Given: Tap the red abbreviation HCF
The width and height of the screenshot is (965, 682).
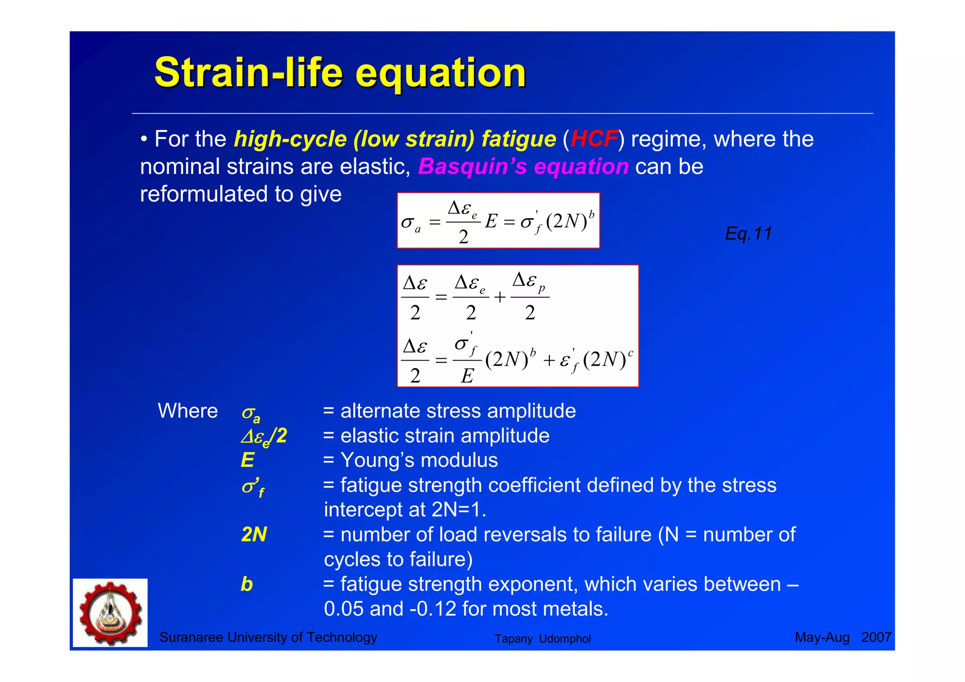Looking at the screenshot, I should click(594, 139).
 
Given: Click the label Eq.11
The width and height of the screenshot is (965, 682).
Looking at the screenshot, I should click(748, 233).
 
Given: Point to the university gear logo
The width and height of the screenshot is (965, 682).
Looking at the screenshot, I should click(110, 613).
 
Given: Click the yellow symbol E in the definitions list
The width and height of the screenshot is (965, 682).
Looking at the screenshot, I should click(247, 460).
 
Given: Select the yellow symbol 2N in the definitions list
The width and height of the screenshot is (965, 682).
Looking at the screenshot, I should click(254, 534).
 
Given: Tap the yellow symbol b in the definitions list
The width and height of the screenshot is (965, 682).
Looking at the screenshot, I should click(246, 584).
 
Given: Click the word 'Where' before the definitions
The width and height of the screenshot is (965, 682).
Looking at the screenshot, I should click(188, 411).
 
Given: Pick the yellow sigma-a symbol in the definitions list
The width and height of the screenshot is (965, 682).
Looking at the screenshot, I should click(250, 413).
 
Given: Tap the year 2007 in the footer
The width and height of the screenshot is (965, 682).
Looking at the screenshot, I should click(876, 637).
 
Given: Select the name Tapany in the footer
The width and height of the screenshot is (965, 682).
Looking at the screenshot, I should click(513, 639).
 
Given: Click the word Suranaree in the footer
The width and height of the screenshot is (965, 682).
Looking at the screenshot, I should click(191, 637).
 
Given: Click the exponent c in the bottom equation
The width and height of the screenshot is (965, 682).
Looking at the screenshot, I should click(630, 352).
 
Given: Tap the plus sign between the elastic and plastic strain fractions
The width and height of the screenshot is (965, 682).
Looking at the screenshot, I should click(499, 297).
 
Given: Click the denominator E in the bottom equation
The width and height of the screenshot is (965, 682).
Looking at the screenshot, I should click(467, 376).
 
